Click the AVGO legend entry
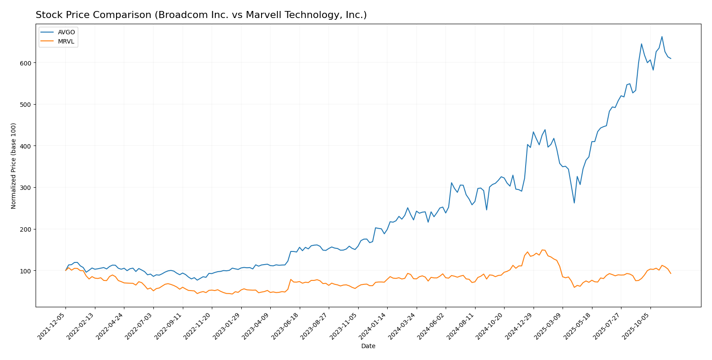(x=66, y=32)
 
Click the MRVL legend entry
(x=66, y=42)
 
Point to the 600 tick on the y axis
(x=27, y=63)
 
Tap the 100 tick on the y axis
(x=27, y=271)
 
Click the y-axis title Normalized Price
(x=14, y=166)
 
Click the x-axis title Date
(x=368, y=346)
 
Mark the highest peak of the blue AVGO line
(x=662, y=36)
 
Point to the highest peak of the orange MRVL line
(x=542, y=250)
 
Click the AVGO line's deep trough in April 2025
(x=574, y=203)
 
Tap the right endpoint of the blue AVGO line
(x=671, y=58)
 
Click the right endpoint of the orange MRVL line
(x=671, y=273)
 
